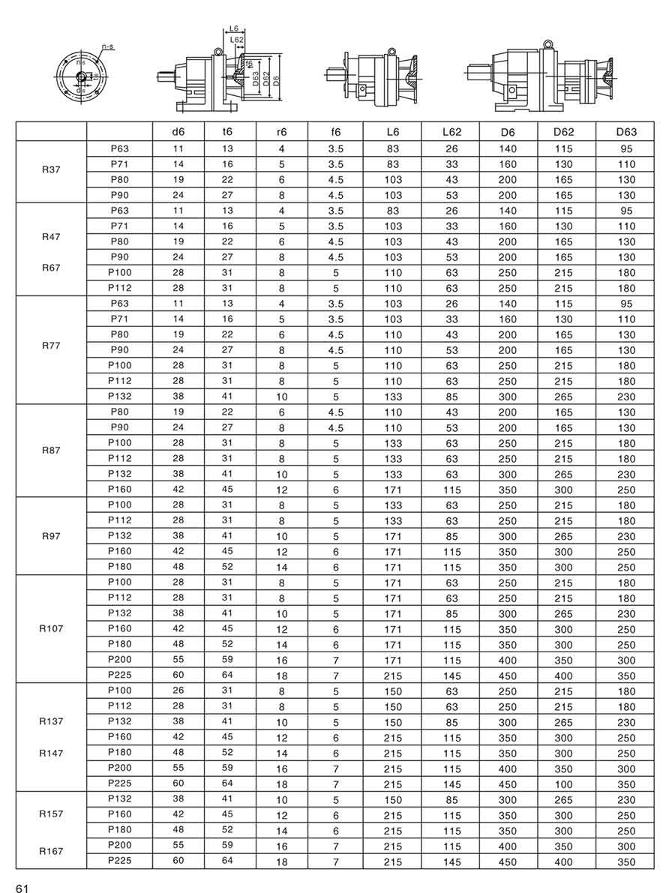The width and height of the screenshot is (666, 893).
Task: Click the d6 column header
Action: pyautogui.click(x=178, y=132)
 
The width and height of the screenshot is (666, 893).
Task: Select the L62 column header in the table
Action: pyautogui.click(x=451, y=132)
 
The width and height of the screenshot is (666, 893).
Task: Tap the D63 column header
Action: pyautogui.click(x=626, y=132)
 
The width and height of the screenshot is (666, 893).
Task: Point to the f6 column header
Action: pyautogui.click(x=335, y=132)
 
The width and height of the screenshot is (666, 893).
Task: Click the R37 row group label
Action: pyautogui.click(x=51, y=169)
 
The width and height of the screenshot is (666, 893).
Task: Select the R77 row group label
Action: pyautogui.click(x=51, y=347)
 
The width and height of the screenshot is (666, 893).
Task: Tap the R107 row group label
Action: pyautogui.click(x=51, y=628)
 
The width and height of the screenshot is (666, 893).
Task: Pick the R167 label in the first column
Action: pyautogui.click(x=51, y=852)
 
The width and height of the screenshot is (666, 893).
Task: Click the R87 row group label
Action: pyautogui.click(x=51, y=451)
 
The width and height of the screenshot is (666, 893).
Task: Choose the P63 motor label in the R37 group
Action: pyautogui.click(x=119, y=148)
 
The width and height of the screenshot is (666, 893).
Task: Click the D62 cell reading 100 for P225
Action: pyautogui.click(x=562, y=784)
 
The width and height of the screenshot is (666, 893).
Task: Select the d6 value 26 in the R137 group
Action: pyautogui.click(x=178, y=691)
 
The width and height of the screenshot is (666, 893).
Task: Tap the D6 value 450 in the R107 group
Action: pyautogui.click(x=508, y=676)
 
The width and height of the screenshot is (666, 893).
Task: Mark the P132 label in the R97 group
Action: pyautogui.click(x=119, y=535)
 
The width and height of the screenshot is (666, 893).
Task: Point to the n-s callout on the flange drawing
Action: pyautogui.click(x=106, y=46)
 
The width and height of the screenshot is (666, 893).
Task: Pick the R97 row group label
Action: pyautogui.click(x=51, y=537)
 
